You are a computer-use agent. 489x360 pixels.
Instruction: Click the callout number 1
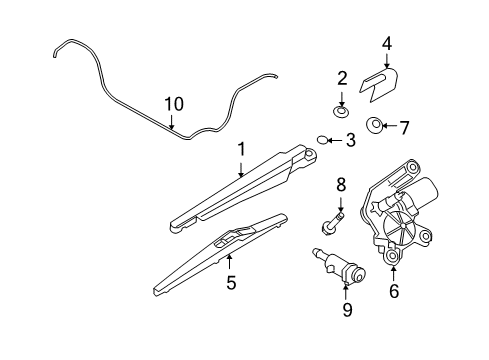[x=241, y=149]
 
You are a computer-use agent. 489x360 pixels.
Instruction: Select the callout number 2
[x=342, y=77]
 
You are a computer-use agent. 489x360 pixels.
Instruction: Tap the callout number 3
[x=351, y=140]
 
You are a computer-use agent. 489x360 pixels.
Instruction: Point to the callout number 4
[x=386, y=42]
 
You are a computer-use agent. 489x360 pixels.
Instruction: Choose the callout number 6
[x=393, y=293]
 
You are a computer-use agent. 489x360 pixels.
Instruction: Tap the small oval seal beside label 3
[x=323, y=139]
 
